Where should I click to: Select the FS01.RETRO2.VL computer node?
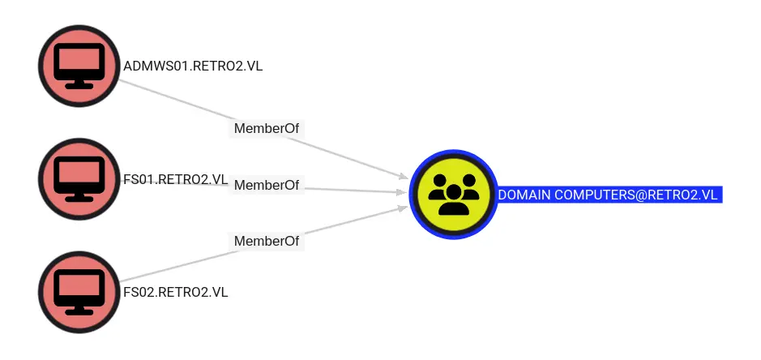pyautogui.click(x=79, y=179)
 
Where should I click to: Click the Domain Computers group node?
pyautogui.click(x=452, y=194)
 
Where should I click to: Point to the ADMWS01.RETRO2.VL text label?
pyautogui.click(x=193, y=66)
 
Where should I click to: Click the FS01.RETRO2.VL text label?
pyautogui.click(x=175, y=179)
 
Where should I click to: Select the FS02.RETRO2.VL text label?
pyautogui.click(x=175, y=292)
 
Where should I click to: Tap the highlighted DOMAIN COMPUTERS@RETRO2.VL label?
pyautogui.click(x=609, y=195)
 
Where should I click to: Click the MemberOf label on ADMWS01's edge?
pyautogui.click(x=267, y=128)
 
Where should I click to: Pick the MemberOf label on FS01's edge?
pyautogui.click(x=267, y=185)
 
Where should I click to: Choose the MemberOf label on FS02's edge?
pyautogui.click(x=267, y=241)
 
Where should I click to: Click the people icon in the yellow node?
pyautogui.click(x=452, y=195)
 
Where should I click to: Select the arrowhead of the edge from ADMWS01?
pyautogui.click(x=401, y=176)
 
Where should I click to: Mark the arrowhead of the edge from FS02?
pyautogui.click(x=401, y=208)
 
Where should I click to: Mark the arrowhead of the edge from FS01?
pyautogui.click(x=400, y=192)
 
